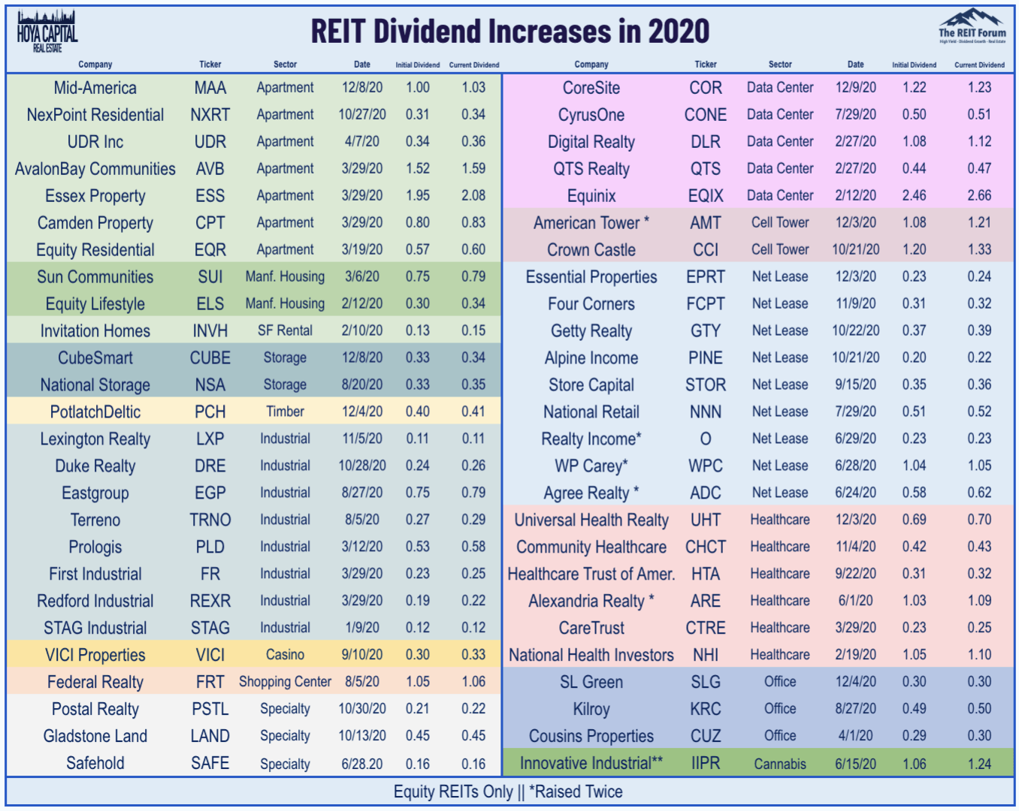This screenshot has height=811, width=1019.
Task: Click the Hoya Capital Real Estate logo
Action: pyautogui.click(x=47, y=32)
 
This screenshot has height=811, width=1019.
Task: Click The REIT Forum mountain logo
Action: pyautogui.click(x=972, y=26)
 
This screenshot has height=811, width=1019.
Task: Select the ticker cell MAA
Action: pyautogui.click(x=210, y=88)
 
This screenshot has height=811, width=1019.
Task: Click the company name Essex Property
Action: pyautogui.click(x=95, y=196)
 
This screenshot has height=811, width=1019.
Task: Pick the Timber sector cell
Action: pyautogui.click(x=285, y=412)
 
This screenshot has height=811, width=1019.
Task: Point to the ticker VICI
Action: pyautogui.click(x=210, y=655)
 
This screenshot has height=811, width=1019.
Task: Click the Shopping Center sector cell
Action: pyautogui.click(x=285, y=682)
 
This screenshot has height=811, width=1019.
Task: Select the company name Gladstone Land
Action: pyautogui.click(x=95, y=736)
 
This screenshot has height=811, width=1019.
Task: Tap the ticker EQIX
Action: pyautogui.click(x=706, y=196)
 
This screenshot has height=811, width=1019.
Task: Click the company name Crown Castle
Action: pyautogui.click(x=591, y=250)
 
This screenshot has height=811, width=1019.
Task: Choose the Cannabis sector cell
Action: pyautogui.click(x=780, y=764)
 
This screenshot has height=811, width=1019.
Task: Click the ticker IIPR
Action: pyautogui.click(x=706, y=764)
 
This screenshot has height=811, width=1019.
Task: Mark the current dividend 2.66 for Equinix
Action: pyautogui.click(x=979, y=196)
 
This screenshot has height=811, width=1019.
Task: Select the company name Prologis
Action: pyautogui.click(x=95, y=547)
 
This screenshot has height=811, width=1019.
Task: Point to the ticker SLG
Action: pyautogui.click(x=706, y=682)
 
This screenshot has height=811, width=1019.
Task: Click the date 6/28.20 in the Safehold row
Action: pyautogui.click(x=361, y=764)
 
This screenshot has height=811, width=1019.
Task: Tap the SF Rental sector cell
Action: pyautogui.click(x=285, y=330)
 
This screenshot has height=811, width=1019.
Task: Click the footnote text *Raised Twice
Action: pyautogui.click(x=576, y=791)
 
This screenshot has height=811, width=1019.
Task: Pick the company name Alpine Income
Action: pyautogui.click(x=591, y=358)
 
